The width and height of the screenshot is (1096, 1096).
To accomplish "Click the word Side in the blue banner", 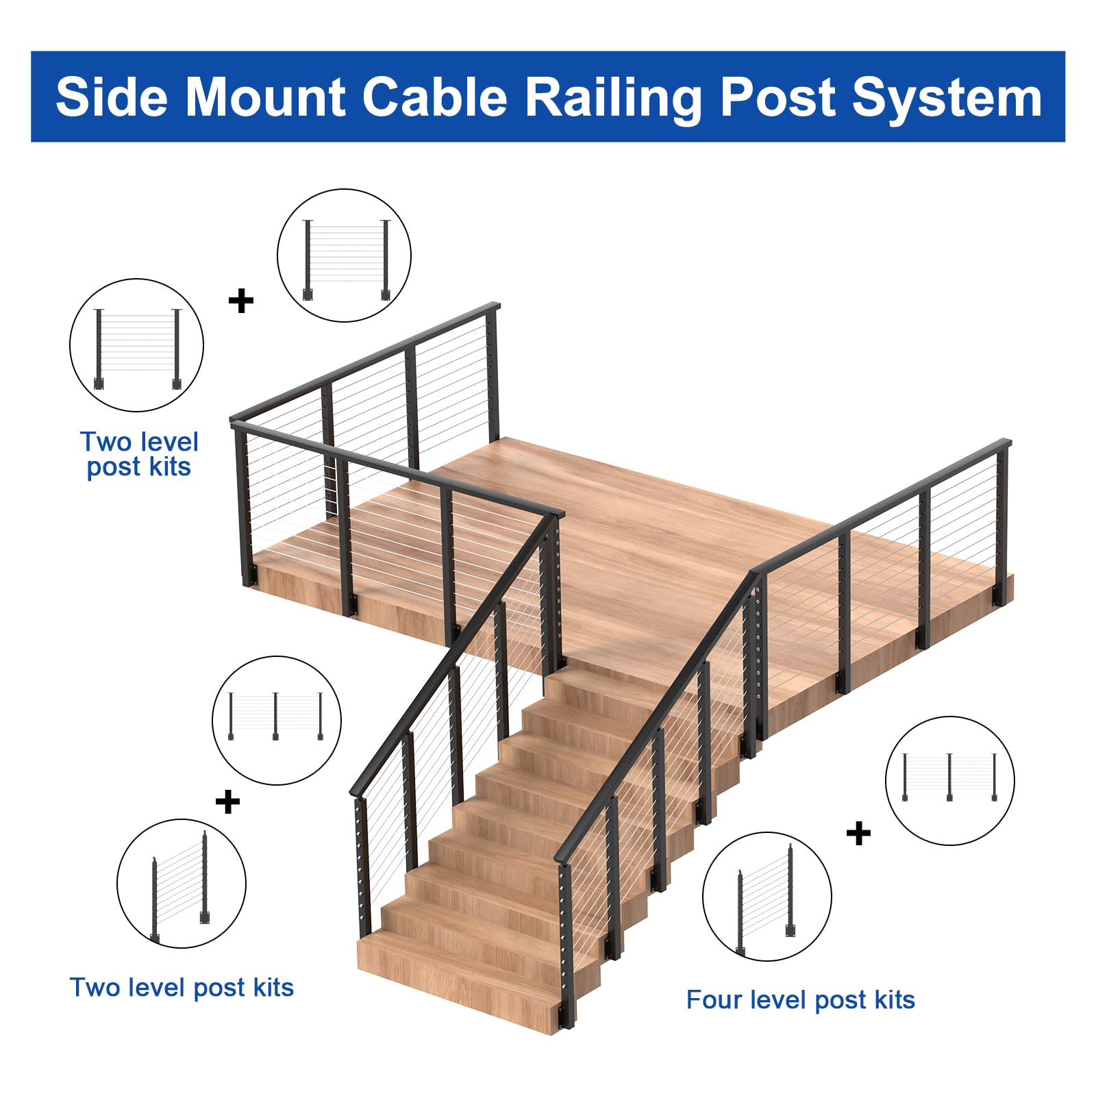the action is pyautogui.click(x=112, y=97).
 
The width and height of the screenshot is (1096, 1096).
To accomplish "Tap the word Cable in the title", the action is pyautogui.click(x=434, y=97).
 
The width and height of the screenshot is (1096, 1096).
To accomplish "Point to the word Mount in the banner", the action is pyautogui.click(x=264, y=97).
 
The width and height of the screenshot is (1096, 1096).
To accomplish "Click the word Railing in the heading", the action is pyautogui.click(x=614, y=98).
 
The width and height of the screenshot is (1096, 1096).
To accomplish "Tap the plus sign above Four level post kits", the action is pyautogui.click(x=858, y=834).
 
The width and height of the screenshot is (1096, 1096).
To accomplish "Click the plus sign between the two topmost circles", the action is pyautogui.click(x=240, y=301).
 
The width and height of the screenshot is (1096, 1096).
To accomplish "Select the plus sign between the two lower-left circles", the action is pyautogui.click(x=227, y=801).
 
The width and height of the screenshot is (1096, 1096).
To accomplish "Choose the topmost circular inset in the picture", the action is pyautogui.click(x=344, y=256).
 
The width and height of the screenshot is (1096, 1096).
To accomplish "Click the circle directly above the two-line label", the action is pyautogui.click(x=136, y=345).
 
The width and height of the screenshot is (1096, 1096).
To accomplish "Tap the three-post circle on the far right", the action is pyautogui.click(x=949, y=781).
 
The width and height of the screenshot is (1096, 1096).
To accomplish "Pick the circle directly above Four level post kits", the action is pyautogui.click(x=767, y=897).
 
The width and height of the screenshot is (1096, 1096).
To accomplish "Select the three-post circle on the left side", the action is pyautogui.click(x=277, y=721).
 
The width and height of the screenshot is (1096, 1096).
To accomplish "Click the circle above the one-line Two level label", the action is pyautogui.click(x=181, y=884).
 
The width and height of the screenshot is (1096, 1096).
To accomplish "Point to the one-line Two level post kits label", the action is pyautogui.click(x=182, y=988).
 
